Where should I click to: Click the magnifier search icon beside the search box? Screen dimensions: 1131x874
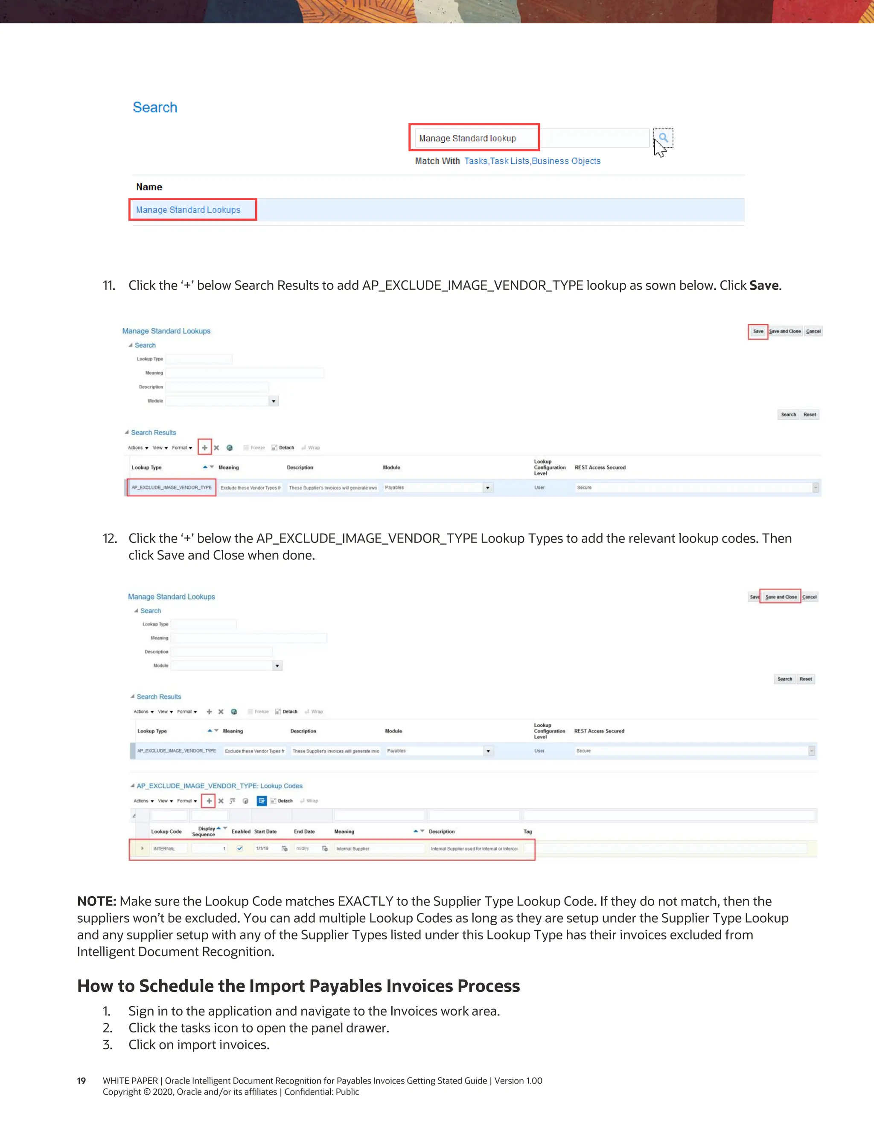click(x=663, y=138)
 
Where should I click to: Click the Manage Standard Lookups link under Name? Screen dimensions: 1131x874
click(x=188, y=210)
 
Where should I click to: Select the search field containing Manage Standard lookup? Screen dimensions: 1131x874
click(x=474, y=138)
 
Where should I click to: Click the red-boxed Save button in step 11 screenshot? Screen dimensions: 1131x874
click(x=758, y=332)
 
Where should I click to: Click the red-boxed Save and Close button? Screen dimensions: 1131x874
click(x=780, y=597)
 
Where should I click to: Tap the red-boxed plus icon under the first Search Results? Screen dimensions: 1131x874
click(x=204, y=448)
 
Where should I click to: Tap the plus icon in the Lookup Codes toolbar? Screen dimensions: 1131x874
click(x=209, y=801)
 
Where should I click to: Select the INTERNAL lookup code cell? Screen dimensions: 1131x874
click(x=164, y=849)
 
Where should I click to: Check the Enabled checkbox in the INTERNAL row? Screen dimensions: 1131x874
click(x=240, y=848)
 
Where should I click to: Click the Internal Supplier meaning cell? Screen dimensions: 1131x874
click(x=353, y=849)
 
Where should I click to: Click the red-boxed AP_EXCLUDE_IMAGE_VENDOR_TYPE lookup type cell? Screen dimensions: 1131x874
click(x=172, y=488)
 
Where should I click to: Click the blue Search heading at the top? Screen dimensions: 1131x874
click(x=155, y=108)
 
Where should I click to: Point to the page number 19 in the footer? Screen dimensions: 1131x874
click(x=81, y=1081)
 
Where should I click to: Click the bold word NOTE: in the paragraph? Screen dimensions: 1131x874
click(x=97, y=901)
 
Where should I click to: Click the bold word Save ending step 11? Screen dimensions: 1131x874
click(x=764, y=286)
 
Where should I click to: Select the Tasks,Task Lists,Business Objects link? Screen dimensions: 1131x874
click(x=532, y=161)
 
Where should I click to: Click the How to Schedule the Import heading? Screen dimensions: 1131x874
click(x=298, y=986)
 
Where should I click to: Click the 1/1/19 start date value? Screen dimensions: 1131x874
click(x=262, y=849)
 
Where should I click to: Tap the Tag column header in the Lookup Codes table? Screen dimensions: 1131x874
click(x=527, y=832)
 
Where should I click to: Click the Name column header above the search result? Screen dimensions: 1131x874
click(x=149, y=187)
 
